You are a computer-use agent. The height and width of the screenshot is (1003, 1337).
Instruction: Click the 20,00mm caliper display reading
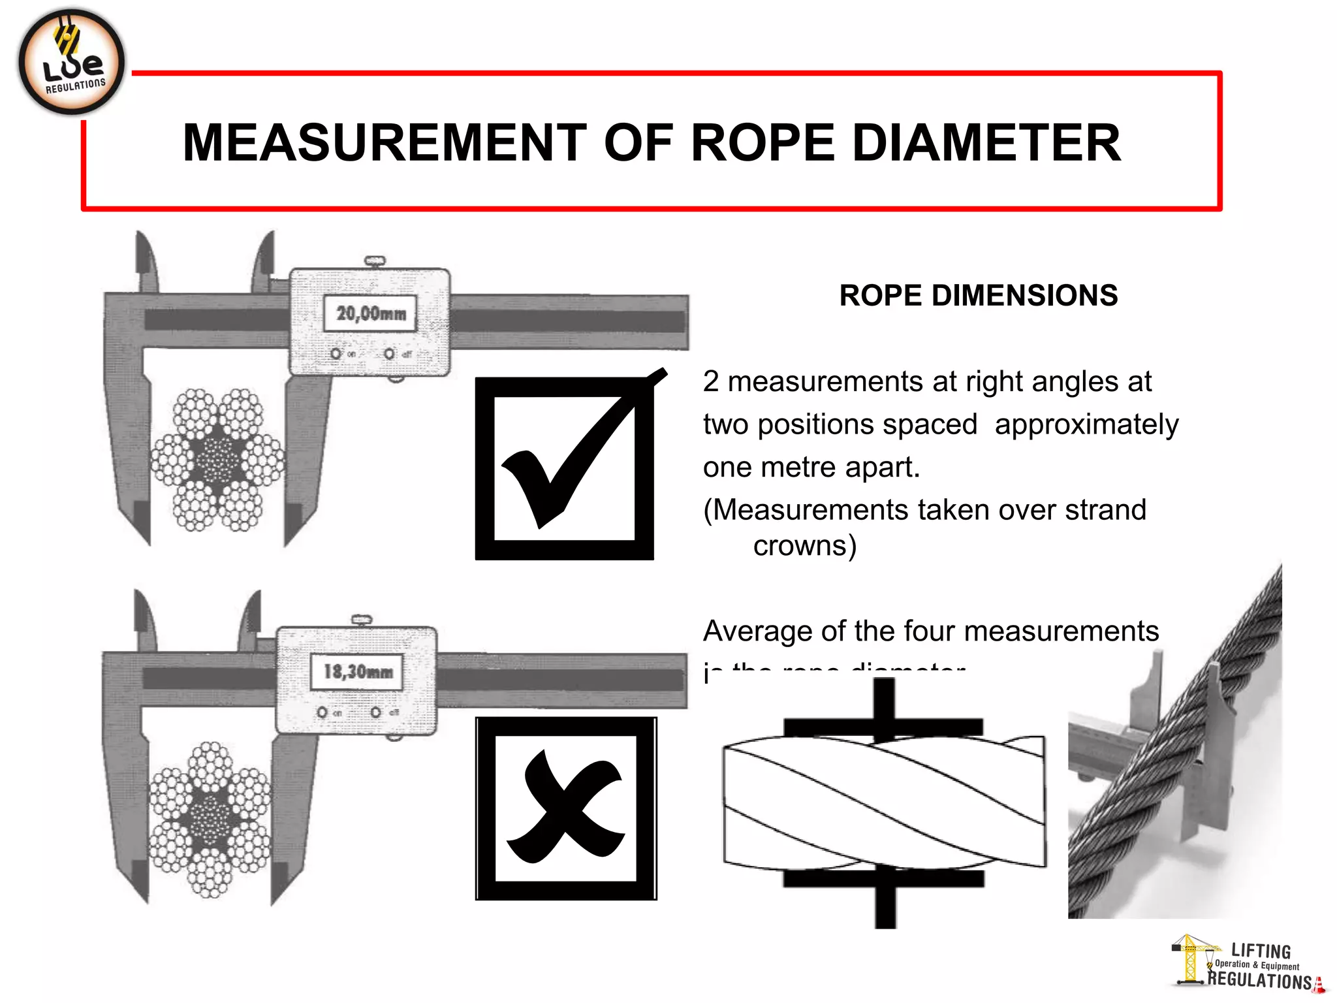(370, 313)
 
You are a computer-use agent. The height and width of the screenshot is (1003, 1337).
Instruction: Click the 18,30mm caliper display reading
(358, 671)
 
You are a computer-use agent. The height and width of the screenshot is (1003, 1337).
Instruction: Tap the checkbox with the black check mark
(565, 468)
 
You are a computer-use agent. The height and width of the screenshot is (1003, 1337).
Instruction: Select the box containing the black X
(566, 808)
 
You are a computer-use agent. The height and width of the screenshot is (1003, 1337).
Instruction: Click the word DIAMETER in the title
(986, 143)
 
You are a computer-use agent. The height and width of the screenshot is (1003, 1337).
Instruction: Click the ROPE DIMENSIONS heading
(978, 295)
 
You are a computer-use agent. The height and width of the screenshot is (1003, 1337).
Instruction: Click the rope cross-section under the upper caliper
(218, 459)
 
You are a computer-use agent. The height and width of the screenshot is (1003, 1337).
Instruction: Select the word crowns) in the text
(804, 546)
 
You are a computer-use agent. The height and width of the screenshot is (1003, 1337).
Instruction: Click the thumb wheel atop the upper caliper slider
(375, 261)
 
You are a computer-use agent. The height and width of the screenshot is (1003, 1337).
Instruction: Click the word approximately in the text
(1086, 424)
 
